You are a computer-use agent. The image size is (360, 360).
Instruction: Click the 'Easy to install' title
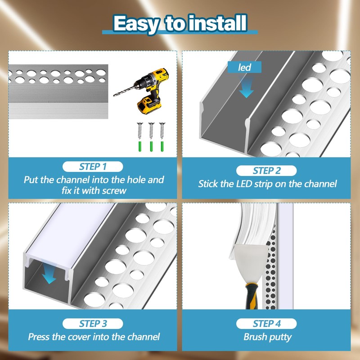[180, 23]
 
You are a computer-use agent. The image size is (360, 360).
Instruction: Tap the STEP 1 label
[93, 166]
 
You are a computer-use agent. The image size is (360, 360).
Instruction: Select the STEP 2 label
[267, 171]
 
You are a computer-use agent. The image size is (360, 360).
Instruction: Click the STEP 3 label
[93, 323]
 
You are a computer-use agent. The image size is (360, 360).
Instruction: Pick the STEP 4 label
[267, 323]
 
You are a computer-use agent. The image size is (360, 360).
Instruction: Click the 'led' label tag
[245, 67]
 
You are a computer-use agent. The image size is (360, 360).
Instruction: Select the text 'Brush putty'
[267, 337]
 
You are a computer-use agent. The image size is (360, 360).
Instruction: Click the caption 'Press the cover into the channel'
[94, 337]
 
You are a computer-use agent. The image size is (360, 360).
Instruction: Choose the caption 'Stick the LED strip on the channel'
[267, 184]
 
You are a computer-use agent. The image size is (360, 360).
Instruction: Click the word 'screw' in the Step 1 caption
[114, 190]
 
